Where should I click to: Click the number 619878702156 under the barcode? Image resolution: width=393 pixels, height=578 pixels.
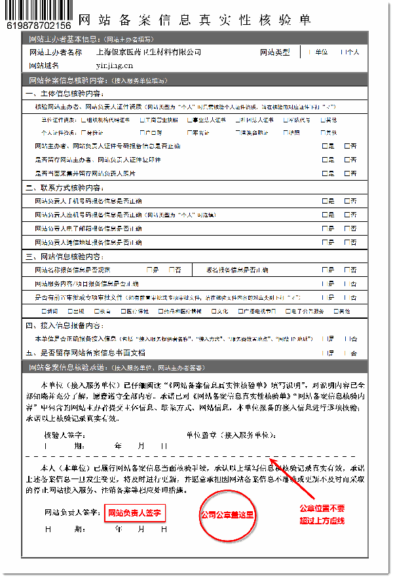pyautogui.click(x=38, y=26)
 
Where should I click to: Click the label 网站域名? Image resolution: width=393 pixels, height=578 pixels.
pyautogui.click(x=44, y=65)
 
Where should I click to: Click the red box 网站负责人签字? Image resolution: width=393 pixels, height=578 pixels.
pyautogui.click(x=134, y=512)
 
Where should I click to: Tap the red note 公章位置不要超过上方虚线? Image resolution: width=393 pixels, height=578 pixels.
pyautogui.click(x=322, y=514)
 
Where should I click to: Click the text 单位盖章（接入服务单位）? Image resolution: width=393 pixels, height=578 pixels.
pyautogui.click(x=230, y=435)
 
